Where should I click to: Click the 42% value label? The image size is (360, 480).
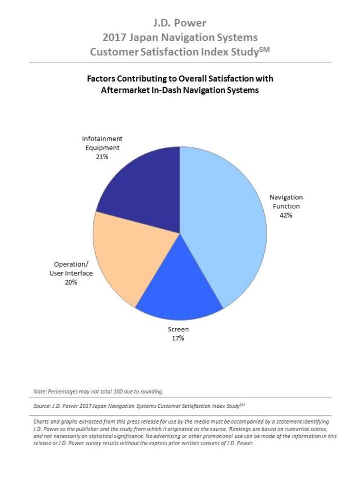[286, 215]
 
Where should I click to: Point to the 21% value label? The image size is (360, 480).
[102, 157]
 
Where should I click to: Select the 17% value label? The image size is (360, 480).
[178, 338]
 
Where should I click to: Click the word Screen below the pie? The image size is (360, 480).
[178, 329]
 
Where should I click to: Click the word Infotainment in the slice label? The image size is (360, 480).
[102, 139]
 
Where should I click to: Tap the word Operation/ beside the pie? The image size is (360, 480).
[71, 264]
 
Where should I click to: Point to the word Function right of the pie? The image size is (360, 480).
[286, 206]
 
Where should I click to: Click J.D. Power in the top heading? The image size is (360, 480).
[180, 23]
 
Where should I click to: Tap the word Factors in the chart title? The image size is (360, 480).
[101, 79]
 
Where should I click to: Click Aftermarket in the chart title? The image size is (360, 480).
[124, 91]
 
